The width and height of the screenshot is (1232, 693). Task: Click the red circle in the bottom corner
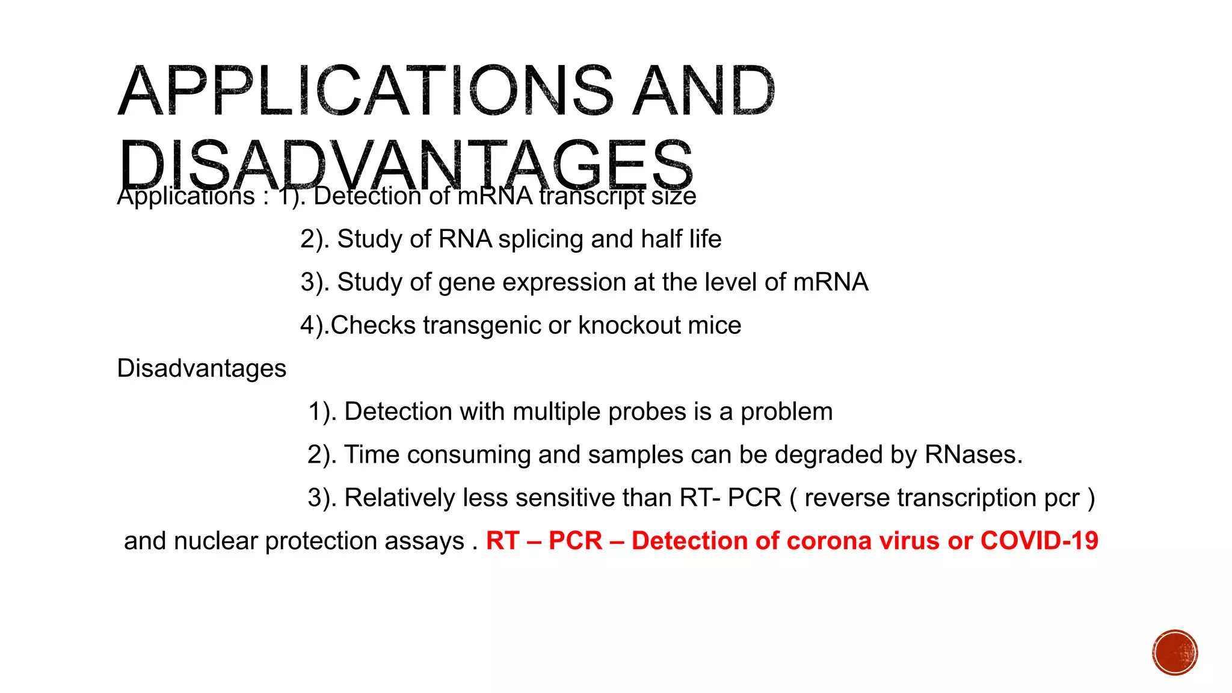(1175, 653)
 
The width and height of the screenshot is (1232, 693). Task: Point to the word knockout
(629, 325)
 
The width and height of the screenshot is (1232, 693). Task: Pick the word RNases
(973, 455)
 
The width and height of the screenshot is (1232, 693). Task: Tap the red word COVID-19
(1039, 541)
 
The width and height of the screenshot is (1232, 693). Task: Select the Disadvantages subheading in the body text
(202, 369)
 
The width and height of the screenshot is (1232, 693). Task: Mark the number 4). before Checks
(315, 325)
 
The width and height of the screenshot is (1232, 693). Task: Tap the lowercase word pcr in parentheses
(1062, 498)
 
